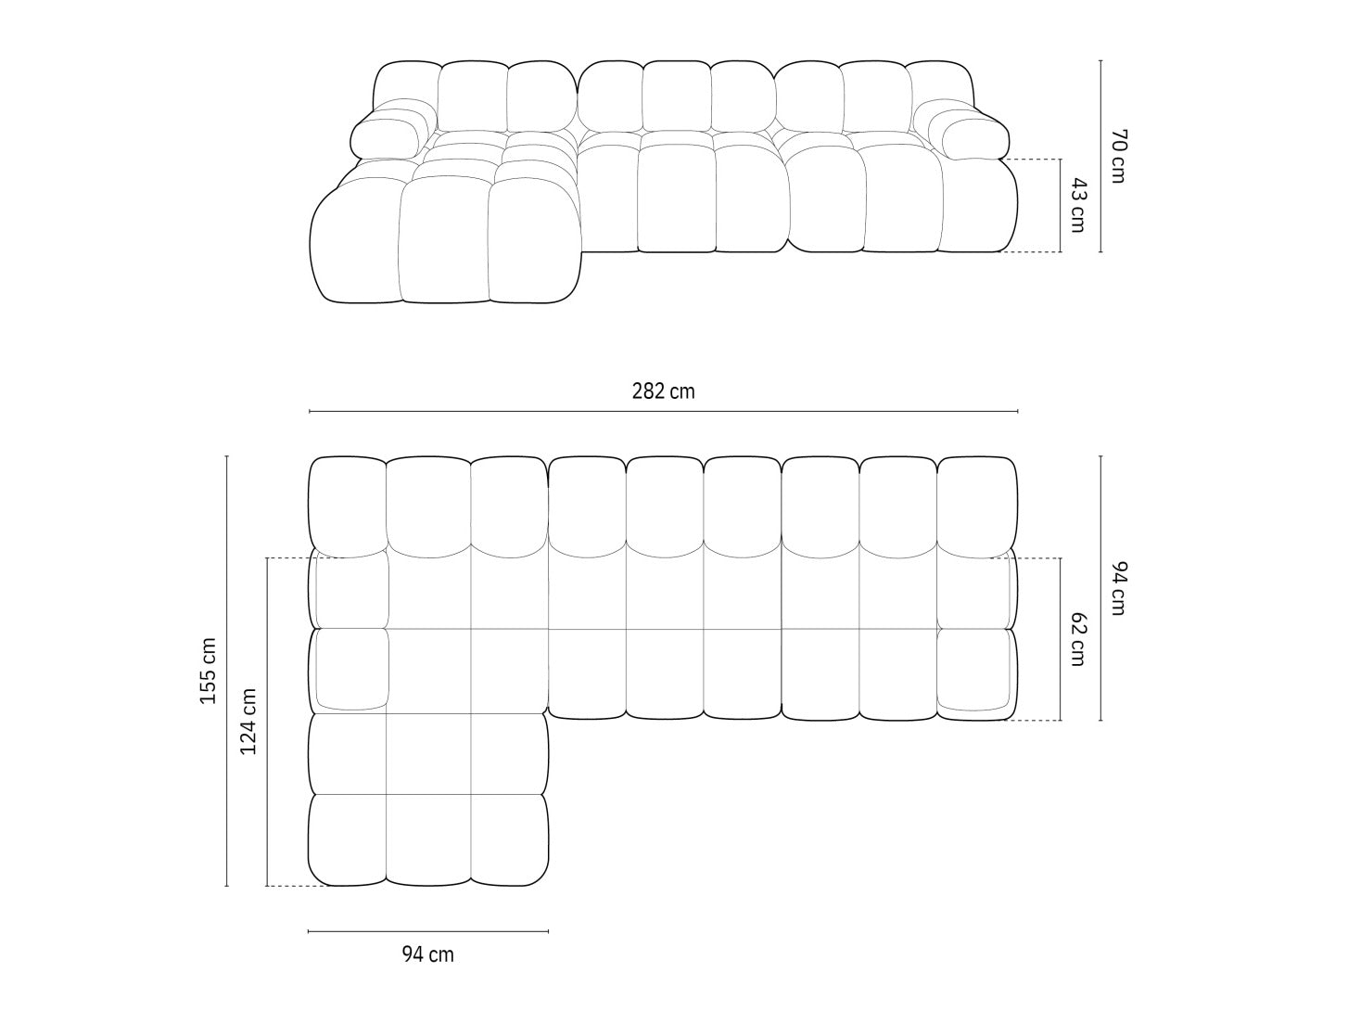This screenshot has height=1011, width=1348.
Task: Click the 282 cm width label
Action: coord(663,391)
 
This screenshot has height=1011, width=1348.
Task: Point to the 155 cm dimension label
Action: coord(209,671)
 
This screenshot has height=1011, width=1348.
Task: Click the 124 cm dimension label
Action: coord(248,722)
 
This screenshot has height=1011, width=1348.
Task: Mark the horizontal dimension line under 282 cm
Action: coord(663,411)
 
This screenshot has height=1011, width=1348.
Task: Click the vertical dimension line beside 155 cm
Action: coord(226,671)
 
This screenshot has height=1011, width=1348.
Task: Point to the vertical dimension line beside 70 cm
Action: coord(1100,156)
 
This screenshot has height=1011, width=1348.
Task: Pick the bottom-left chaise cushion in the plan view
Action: coord(347,840)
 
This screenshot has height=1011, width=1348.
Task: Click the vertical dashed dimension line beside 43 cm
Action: coord(1061,205)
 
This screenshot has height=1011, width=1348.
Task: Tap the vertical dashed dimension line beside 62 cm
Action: coord(1061,639)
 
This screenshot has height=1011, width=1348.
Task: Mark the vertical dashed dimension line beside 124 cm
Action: coord(266,722)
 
